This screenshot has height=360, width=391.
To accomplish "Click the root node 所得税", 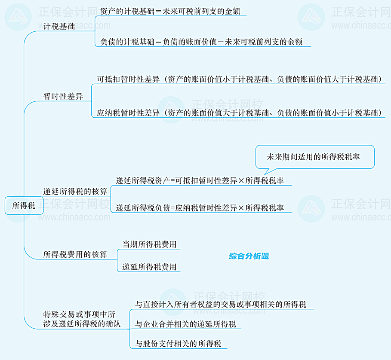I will [x=24, y=206].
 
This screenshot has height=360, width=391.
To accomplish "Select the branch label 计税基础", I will [x=59, y=27].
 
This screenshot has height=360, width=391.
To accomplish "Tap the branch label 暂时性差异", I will [x=63, y=97].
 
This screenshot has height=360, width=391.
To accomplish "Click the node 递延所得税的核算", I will [x=75, y=192].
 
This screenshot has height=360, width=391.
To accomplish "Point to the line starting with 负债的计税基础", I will [x=201, y=42].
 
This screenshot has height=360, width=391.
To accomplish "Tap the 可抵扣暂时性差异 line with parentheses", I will [x=240, y=79].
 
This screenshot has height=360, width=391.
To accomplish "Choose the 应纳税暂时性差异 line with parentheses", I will [x=240, y=113].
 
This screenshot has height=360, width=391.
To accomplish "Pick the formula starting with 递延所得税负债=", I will [x=200, y=208].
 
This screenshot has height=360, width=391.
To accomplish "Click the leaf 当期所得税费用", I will [x=149, y=244].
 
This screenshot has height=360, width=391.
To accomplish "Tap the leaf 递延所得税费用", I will [x=149, y=267].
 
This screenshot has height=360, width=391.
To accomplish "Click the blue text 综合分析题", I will [x=249, y=256].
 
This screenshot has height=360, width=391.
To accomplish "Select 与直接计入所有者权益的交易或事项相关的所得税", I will [x=221, y=305].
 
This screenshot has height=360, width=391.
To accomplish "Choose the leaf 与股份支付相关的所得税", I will [x=178, y=344].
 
